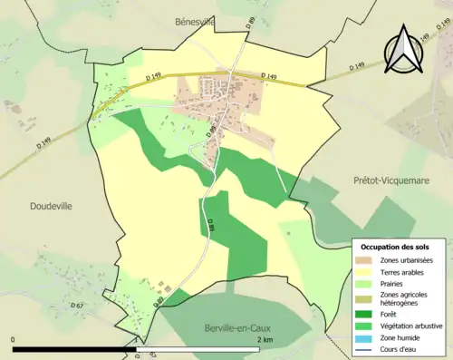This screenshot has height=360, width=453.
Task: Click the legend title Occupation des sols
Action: [x=395, y=247]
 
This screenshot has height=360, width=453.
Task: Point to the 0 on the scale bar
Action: [x=14, y=339]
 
